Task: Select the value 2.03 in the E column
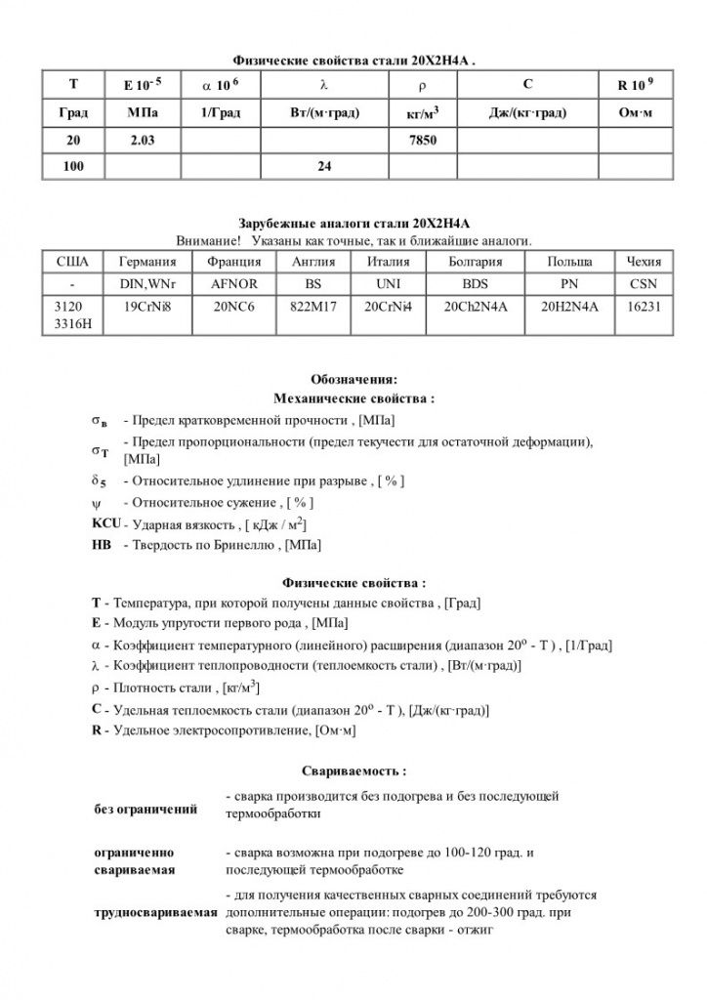(143, 142)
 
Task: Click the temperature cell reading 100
(73, 167)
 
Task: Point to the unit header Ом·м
(635, 114)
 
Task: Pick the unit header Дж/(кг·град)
(527, 114)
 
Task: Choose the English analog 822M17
(313, 306)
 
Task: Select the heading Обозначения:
(353, 380)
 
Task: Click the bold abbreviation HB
(101, 544)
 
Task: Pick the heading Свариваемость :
(353, 771)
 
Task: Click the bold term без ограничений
(146, 810)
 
